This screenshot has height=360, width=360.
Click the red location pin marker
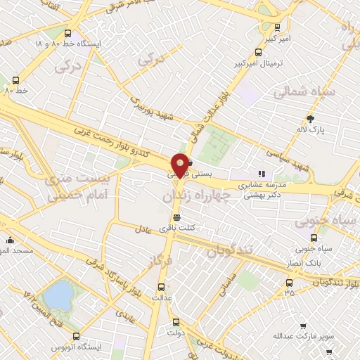coord(180,165)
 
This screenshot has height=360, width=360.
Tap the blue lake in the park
coord(58,292)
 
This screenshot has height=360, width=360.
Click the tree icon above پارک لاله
coord(311,119)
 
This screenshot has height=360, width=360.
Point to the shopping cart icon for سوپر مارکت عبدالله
coord(303,326)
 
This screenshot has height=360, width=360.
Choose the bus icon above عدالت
coord(161,287)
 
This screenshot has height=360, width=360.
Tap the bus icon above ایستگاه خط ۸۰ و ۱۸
coord(67,33)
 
